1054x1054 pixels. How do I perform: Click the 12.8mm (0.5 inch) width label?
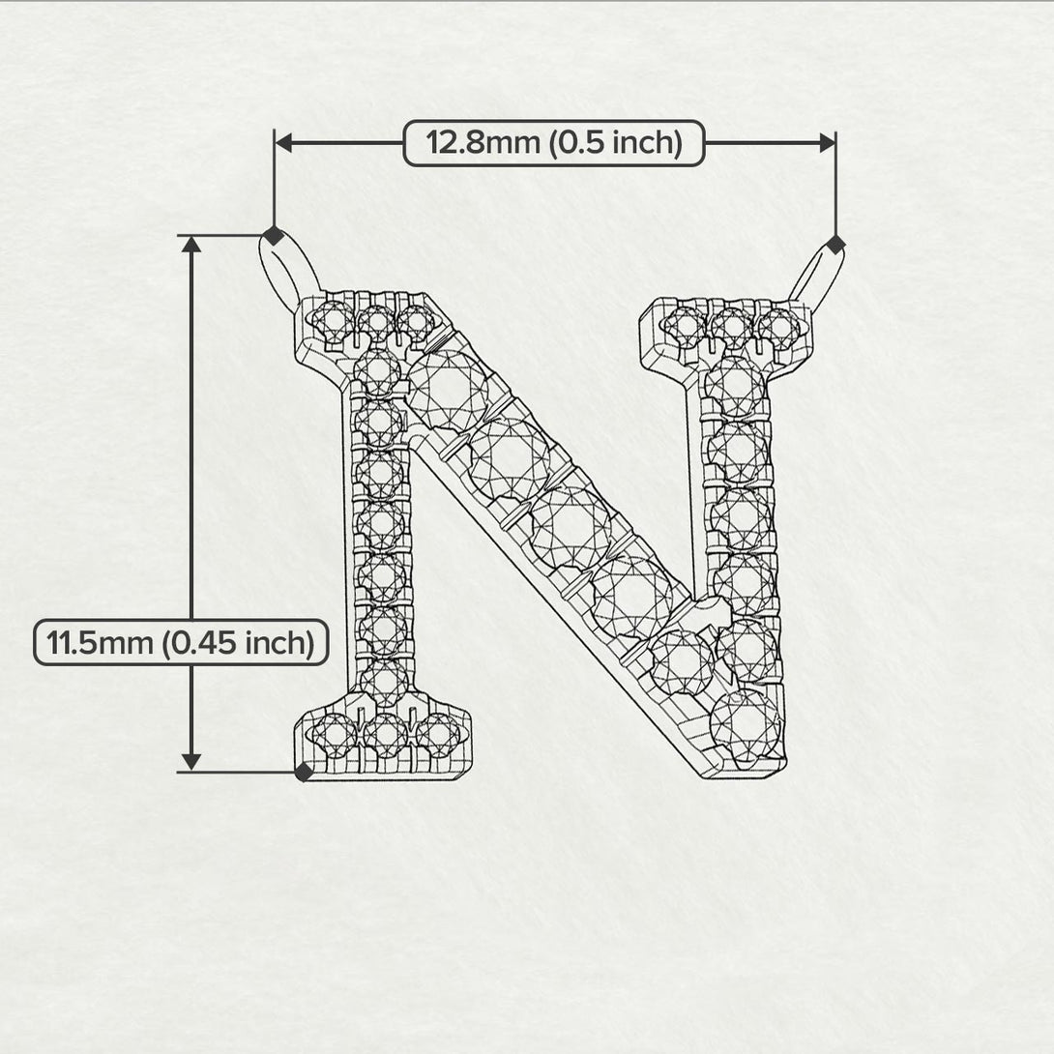click(554, 143)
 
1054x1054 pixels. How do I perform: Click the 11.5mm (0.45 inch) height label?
click(181, 643)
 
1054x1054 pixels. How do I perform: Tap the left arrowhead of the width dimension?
click(283, 143)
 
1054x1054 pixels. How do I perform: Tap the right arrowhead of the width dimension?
click(828, 143)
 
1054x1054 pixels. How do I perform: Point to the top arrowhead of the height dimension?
click(191, 245)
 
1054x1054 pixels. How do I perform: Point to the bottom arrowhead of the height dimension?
click(191, 761)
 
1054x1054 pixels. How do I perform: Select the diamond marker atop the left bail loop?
click(274, 235)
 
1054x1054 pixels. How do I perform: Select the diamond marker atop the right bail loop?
click(835, 245)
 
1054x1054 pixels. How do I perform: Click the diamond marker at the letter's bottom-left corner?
click(304, 771)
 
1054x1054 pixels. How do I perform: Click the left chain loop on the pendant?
click(288, 274)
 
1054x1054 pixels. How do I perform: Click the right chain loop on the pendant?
click(817, 278)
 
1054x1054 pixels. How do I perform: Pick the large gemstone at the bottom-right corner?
click(746, 724)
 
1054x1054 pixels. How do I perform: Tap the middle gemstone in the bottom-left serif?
click(385, 734)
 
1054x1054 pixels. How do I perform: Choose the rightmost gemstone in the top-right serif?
click(778, 328)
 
